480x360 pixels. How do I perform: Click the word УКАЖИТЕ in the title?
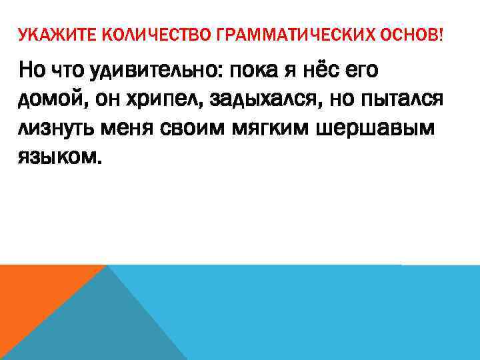pyautogui.click(x=44, y=33)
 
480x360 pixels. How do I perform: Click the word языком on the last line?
pyautogui.click(x=59, y=159)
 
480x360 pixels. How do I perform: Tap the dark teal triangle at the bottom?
pyautogui.click(x=113, y=327)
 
